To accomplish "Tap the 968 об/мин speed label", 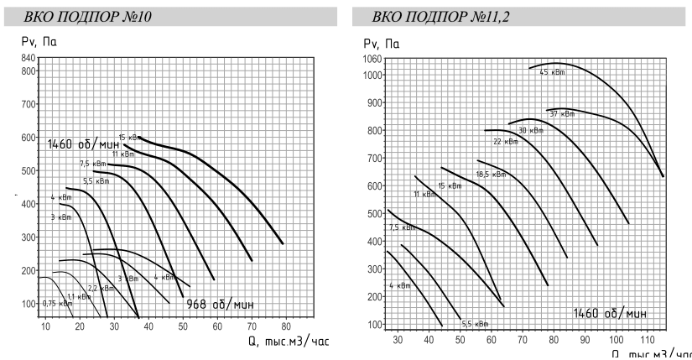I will (220, 303).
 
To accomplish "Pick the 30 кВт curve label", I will (528, 130).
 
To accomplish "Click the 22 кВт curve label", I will (505, 142).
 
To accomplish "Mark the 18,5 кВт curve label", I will (491, 175).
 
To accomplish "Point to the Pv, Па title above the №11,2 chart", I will (377, 41).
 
